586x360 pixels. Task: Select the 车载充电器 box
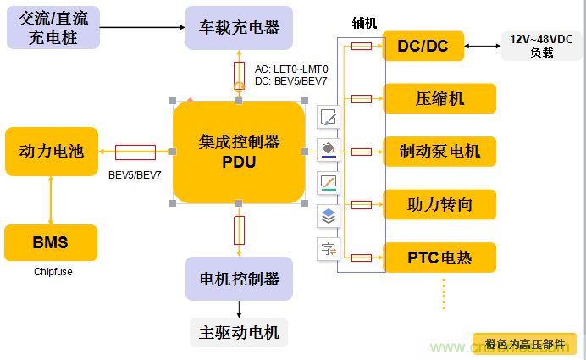point(239,27)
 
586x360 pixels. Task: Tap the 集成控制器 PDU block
point(239,152)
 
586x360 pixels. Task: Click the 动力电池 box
point(51,152)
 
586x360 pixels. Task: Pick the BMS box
point(51,243)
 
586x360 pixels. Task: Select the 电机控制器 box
point(239,279)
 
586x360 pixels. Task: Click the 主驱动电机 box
point(239,330)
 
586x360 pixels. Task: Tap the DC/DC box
point(423,46)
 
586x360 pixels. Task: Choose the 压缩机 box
point(439,98)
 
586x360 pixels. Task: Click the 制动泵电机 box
point(439,152)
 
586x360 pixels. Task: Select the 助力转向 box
point(439,204)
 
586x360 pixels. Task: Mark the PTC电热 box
point(439,257)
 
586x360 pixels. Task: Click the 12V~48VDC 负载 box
point(541,45)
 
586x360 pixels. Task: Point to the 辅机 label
point(365,21)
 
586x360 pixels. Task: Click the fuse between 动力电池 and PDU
point(135,152)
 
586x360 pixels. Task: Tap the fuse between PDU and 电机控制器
point(239,230)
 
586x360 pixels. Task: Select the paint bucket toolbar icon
point(329,150)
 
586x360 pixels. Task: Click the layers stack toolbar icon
point(329,216)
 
